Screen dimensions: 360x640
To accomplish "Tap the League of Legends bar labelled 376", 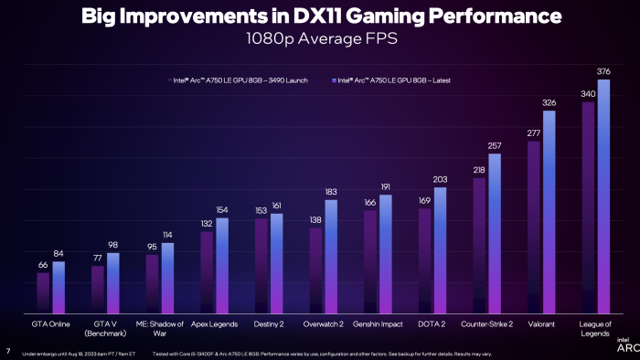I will pyautogui.click(x=603, y=196).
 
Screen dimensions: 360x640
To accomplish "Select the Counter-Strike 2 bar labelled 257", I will pyautogui.click(x=495, y=234).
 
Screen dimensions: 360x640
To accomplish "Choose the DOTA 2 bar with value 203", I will pyautogui.click(x=440, y=250).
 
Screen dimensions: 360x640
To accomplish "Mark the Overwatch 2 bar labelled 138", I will pyautogui.click(x=315, y=270).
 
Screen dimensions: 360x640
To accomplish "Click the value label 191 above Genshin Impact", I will pyautogui.click(x=385, y=186).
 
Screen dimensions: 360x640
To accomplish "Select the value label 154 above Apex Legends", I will pyautogui.click(x=222, y=210).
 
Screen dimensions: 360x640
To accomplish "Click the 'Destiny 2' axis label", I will pyautogui.click(x=269, y=323).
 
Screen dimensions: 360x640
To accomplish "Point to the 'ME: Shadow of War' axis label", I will pyautogui.click(x=160, y=328).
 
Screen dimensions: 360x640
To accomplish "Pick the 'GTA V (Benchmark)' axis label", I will pyautogui.click(x=105, y=328).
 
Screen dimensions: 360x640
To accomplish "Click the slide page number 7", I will pyautogui.click(x=7, y=351).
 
